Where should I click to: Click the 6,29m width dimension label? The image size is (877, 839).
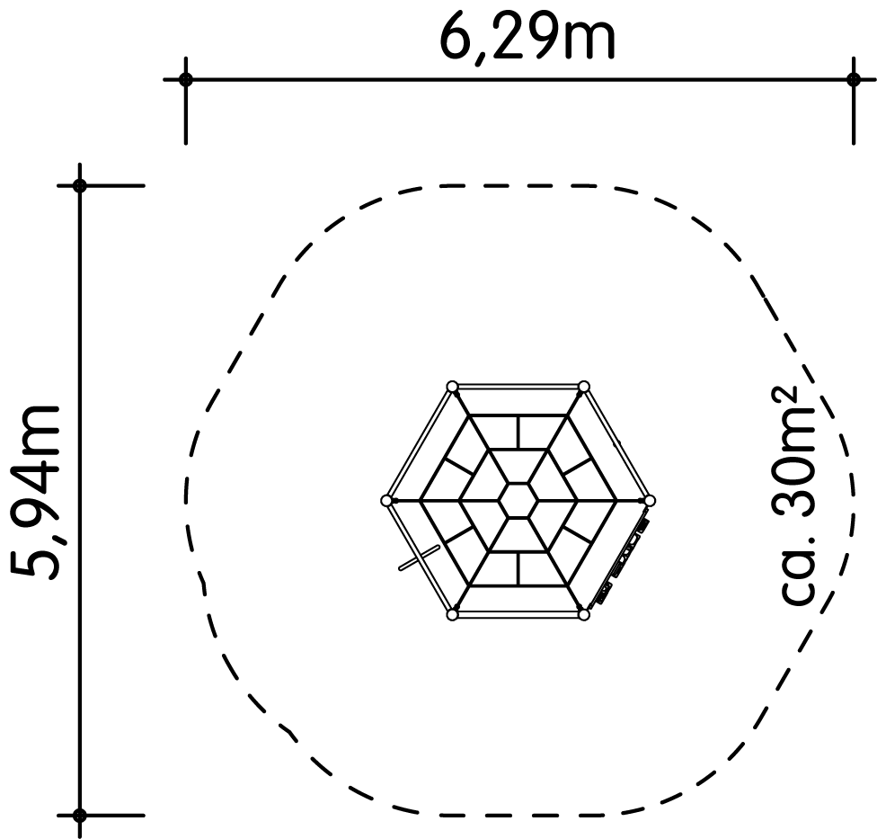(527, 39)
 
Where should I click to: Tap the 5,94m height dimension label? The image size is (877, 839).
(35, 493)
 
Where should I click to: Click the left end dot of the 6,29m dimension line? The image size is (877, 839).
(186, 79)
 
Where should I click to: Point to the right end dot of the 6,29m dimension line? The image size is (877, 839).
(853, 79)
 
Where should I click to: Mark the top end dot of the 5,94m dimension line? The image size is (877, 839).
(80, 185)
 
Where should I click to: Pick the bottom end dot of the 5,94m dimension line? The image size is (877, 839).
(80, 815)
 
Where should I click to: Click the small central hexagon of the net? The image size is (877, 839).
(518, 500)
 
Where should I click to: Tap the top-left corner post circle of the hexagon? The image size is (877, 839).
(453, 386)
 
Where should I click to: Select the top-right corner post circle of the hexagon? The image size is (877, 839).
(584, 386)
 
